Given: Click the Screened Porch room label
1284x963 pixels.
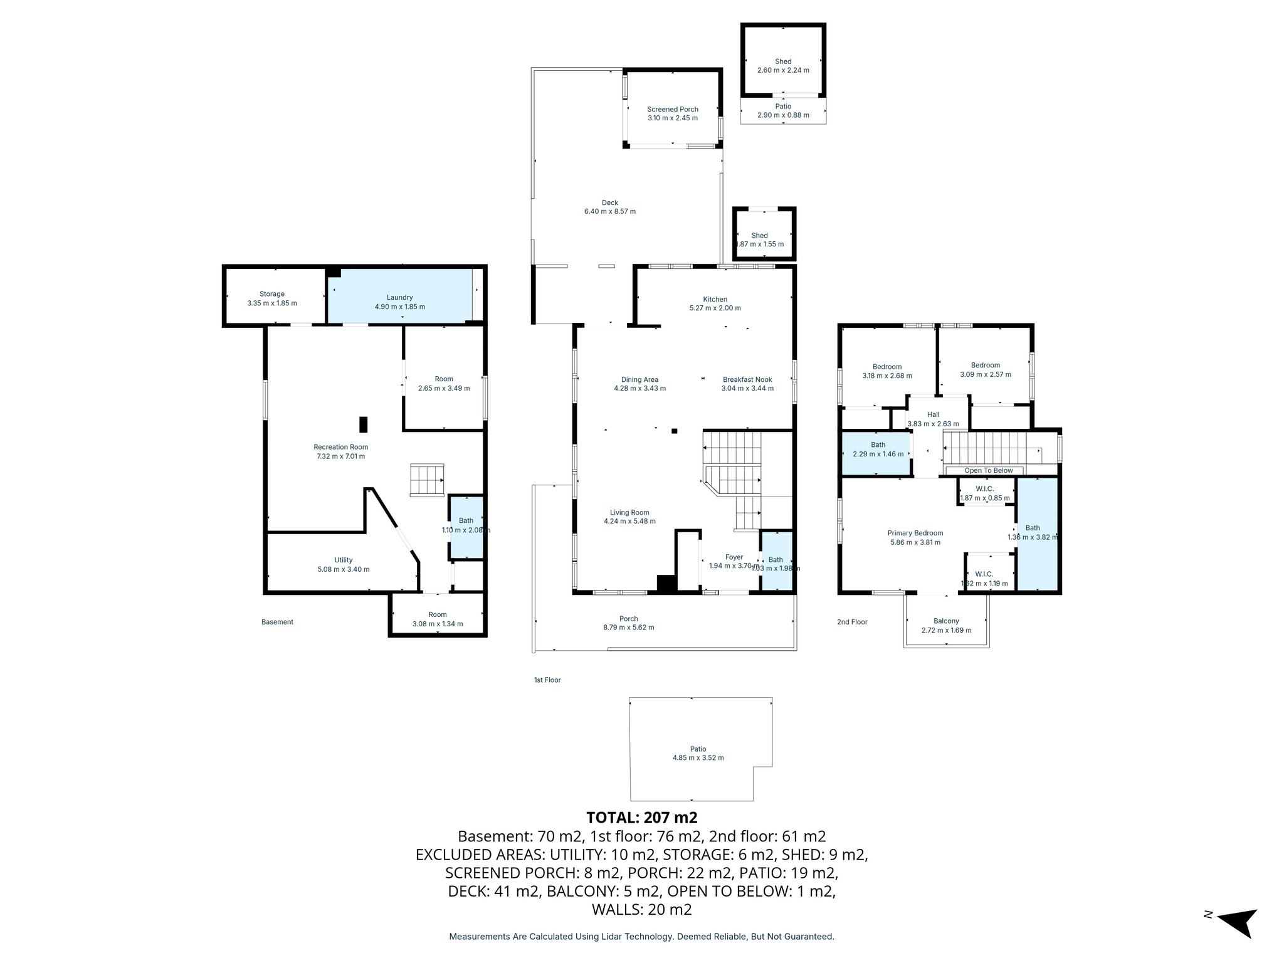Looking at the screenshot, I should pos(673,109).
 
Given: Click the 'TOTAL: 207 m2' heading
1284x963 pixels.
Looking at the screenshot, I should pos(641,818).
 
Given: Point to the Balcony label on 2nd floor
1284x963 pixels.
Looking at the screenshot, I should pos(946,621).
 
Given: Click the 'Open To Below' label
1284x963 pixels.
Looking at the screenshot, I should pos(988,470).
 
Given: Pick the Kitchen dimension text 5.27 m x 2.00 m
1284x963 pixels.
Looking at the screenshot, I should pos(715,308).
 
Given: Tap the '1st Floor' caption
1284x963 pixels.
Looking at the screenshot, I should pos(547,680).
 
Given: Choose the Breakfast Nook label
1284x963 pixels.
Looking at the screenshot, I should pos(747,379).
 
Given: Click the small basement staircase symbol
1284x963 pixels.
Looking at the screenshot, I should pos(427,480).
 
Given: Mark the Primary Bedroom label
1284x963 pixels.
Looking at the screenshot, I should pos(915,533).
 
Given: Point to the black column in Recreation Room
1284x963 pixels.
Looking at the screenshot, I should pos(363,424).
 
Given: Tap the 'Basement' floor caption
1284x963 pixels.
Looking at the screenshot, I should pos(277,622).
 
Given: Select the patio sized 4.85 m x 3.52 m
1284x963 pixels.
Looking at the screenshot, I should pos(698,752).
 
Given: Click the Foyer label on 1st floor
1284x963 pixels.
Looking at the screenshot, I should pos(734,557).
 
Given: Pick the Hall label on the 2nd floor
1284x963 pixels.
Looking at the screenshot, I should pos(933,414).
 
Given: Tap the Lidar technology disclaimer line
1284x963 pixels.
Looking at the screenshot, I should pos(641,936).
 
